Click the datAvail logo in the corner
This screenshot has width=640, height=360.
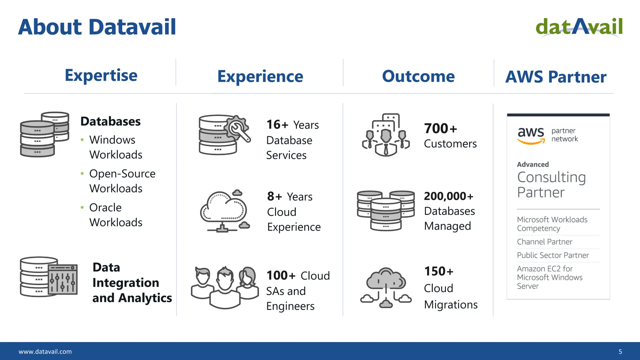(579, 27)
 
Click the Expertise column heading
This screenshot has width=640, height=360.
(101, 75)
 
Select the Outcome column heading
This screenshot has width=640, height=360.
(418, 76)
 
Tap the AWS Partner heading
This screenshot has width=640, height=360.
(556, 77)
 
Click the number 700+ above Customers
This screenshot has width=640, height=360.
(440, 128)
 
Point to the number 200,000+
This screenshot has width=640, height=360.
(448, 196)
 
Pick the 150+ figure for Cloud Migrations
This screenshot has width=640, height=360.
(438, 271)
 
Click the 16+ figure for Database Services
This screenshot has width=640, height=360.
(277, 125)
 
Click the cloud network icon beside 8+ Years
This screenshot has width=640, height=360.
(225, 211)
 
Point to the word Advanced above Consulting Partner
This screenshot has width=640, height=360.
(532, 164)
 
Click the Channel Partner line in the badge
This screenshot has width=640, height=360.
(544, 242)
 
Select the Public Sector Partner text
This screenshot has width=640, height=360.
(552, 255)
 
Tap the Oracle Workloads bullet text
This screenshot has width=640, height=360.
(116, 215)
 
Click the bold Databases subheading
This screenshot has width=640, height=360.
(110, 121)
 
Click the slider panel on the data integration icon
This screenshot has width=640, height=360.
(63, 279)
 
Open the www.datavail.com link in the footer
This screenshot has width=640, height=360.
(45, 352)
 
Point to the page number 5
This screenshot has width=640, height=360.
(620, 352)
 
